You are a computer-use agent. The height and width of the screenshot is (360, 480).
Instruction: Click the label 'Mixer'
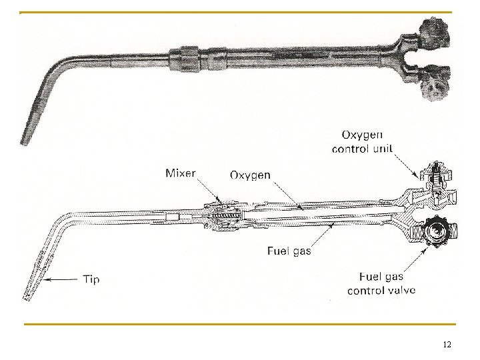(x=180, y=174)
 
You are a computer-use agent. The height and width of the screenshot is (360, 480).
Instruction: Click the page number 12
(x=447, y=345)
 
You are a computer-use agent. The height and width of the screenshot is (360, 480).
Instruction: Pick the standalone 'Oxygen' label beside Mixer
(x=250, y=175)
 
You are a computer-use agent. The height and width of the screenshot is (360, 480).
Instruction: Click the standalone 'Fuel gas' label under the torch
(x=289, y=251)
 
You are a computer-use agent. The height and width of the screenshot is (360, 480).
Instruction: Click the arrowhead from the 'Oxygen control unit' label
(x=418, y=176)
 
